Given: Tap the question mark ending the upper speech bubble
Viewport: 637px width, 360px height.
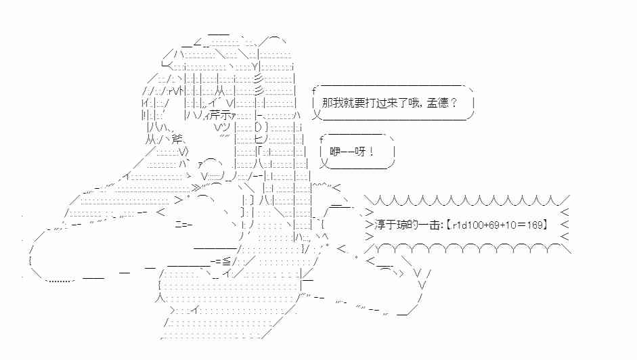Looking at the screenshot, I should coord(453,103).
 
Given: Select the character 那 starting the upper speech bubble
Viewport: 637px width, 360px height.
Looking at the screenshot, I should coord(328,103).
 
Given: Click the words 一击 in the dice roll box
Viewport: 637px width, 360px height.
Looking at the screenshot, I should coord(422,224).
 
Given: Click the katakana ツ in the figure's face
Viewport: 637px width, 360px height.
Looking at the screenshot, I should coord(227,127).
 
